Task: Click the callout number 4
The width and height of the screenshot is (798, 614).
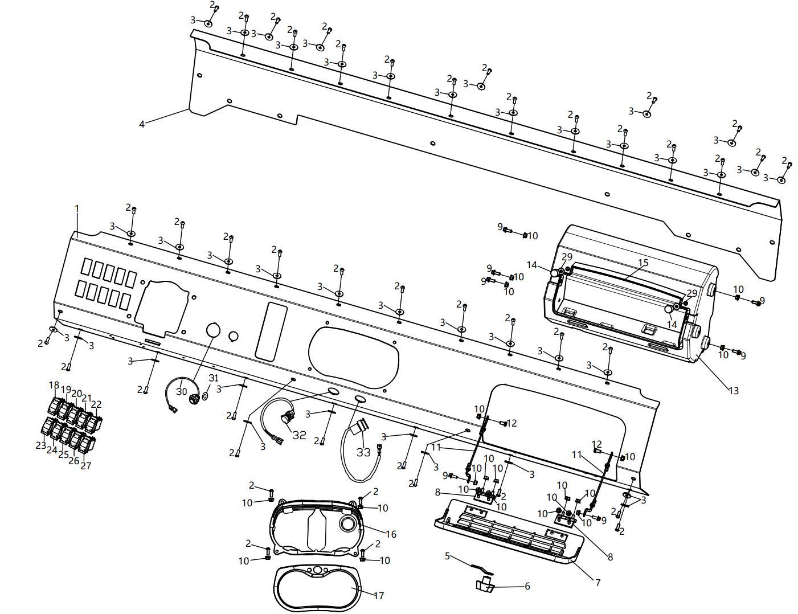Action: (142, 124)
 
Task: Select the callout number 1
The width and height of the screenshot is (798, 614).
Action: (77, 209)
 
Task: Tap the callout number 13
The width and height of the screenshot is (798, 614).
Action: (734, 390)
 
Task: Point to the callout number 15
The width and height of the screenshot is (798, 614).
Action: (643, 263)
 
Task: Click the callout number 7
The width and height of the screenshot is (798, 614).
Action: (598, 582)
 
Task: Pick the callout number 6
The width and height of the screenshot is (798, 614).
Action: (527, 586)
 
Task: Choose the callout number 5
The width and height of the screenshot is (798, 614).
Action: (447, 555)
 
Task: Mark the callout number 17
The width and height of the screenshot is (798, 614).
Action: (379, 595)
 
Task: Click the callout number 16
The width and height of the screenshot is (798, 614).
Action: (391, 534)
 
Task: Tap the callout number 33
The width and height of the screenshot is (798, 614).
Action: (363, 452)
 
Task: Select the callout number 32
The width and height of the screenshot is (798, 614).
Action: (299, 435)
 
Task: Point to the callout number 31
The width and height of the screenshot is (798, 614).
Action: (214, 378)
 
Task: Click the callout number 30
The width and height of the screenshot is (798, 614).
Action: (181, 391)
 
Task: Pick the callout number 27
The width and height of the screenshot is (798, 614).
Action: (85, 465)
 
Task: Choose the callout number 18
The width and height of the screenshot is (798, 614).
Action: (54, 385)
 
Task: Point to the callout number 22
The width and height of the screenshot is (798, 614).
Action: (96, 404)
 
